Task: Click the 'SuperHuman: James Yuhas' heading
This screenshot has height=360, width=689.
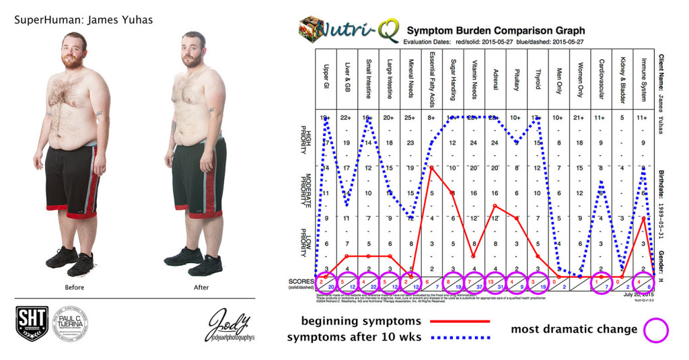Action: pyautogui.click(x=83, y=20)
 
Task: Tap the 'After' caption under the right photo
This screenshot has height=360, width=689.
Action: pyautogui.click(x=201, y=287)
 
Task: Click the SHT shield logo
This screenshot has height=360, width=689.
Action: pyautogui.click(x=31, y=324)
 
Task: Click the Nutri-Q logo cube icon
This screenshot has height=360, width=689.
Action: pyautogui.click(x=310, y=30)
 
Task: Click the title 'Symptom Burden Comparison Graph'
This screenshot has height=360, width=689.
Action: pyautogui.click(x=495, y=30)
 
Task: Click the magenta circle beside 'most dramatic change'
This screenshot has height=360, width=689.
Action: pyautogui.click(x=657, y=329)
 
